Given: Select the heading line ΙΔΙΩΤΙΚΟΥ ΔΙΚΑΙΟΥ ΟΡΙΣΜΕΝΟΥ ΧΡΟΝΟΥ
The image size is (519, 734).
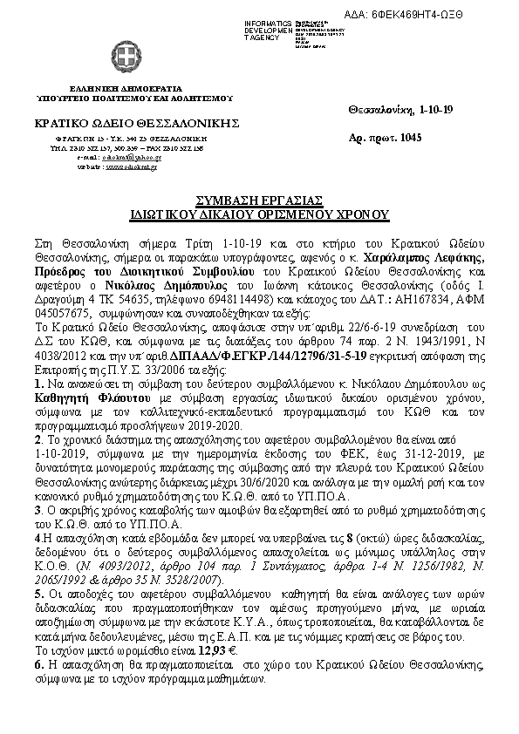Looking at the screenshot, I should [x=260, y=214].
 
